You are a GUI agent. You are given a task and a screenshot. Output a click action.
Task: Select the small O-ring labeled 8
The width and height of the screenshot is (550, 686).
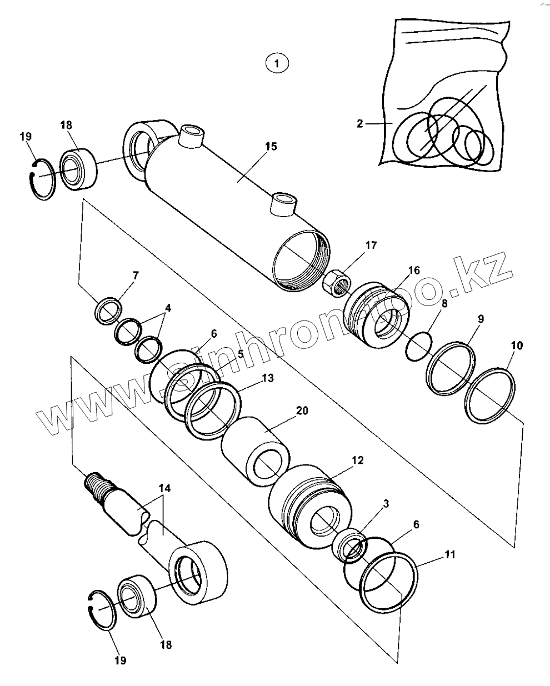[418, 347]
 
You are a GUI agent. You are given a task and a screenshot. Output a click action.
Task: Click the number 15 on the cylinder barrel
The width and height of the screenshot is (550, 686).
[271, 147]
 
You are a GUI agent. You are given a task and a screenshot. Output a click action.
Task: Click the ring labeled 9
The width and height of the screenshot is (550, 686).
[451, 368]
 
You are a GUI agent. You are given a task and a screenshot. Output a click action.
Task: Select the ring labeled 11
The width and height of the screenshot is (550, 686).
[389, 582]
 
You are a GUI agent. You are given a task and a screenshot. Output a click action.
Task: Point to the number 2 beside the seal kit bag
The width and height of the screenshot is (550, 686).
[360, 123]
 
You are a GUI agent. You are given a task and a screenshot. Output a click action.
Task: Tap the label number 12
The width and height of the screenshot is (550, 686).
[357, 460]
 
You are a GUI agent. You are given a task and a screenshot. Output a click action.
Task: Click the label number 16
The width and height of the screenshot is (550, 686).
[413, 271]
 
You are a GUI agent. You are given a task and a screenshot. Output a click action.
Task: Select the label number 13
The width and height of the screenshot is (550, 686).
[267, 378]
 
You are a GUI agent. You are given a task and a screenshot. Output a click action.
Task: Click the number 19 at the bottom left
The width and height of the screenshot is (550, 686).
[120, 660]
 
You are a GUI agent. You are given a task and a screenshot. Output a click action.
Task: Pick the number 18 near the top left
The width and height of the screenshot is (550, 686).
[66, 125]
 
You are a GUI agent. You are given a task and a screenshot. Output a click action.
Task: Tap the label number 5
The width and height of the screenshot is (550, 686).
[240, 353]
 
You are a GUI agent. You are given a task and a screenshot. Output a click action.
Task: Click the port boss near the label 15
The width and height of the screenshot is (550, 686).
[283, 203]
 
